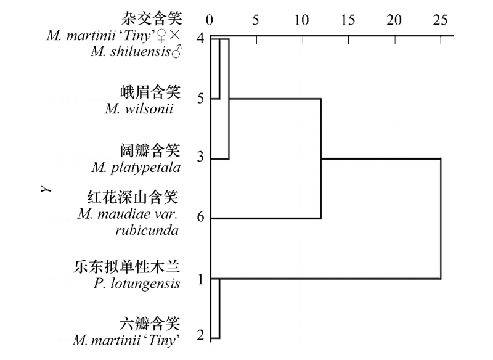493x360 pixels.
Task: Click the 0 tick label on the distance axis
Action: point(210,20)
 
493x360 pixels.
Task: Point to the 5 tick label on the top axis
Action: point(255,20)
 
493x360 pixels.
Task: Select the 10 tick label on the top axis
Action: point(301,20)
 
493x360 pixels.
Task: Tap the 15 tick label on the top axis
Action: point(348,20)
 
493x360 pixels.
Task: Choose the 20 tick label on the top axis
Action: point(394,20)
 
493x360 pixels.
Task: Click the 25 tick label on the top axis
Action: point(440,20)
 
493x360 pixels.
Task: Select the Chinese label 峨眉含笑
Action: point(150,92)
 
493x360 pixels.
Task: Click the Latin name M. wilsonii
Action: point(139,109)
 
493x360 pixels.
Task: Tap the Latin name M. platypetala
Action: point(136,167)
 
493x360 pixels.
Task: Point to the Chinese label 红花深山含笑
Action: point(133,197)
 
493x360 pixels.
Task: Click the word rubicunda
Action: point(147,231)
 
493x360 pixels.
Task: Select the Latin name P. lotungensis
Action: point(137,284)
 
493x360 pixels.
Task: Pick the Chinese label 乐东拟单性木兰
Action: point(127,267)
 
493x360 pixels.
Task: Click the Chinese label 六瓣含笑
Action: point(150,324)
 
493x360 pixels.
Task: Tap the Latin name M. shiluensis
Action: point(136,51)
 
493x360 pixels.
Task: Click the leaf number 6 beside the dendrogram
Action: point(201,218)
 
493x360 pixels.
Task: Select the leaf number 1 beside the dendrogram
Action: point(201,279)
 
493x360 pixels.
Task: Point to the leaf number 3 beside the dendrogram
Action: point(201,157)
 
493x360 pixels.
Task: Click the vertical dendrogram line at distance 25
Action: point(441,219)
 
